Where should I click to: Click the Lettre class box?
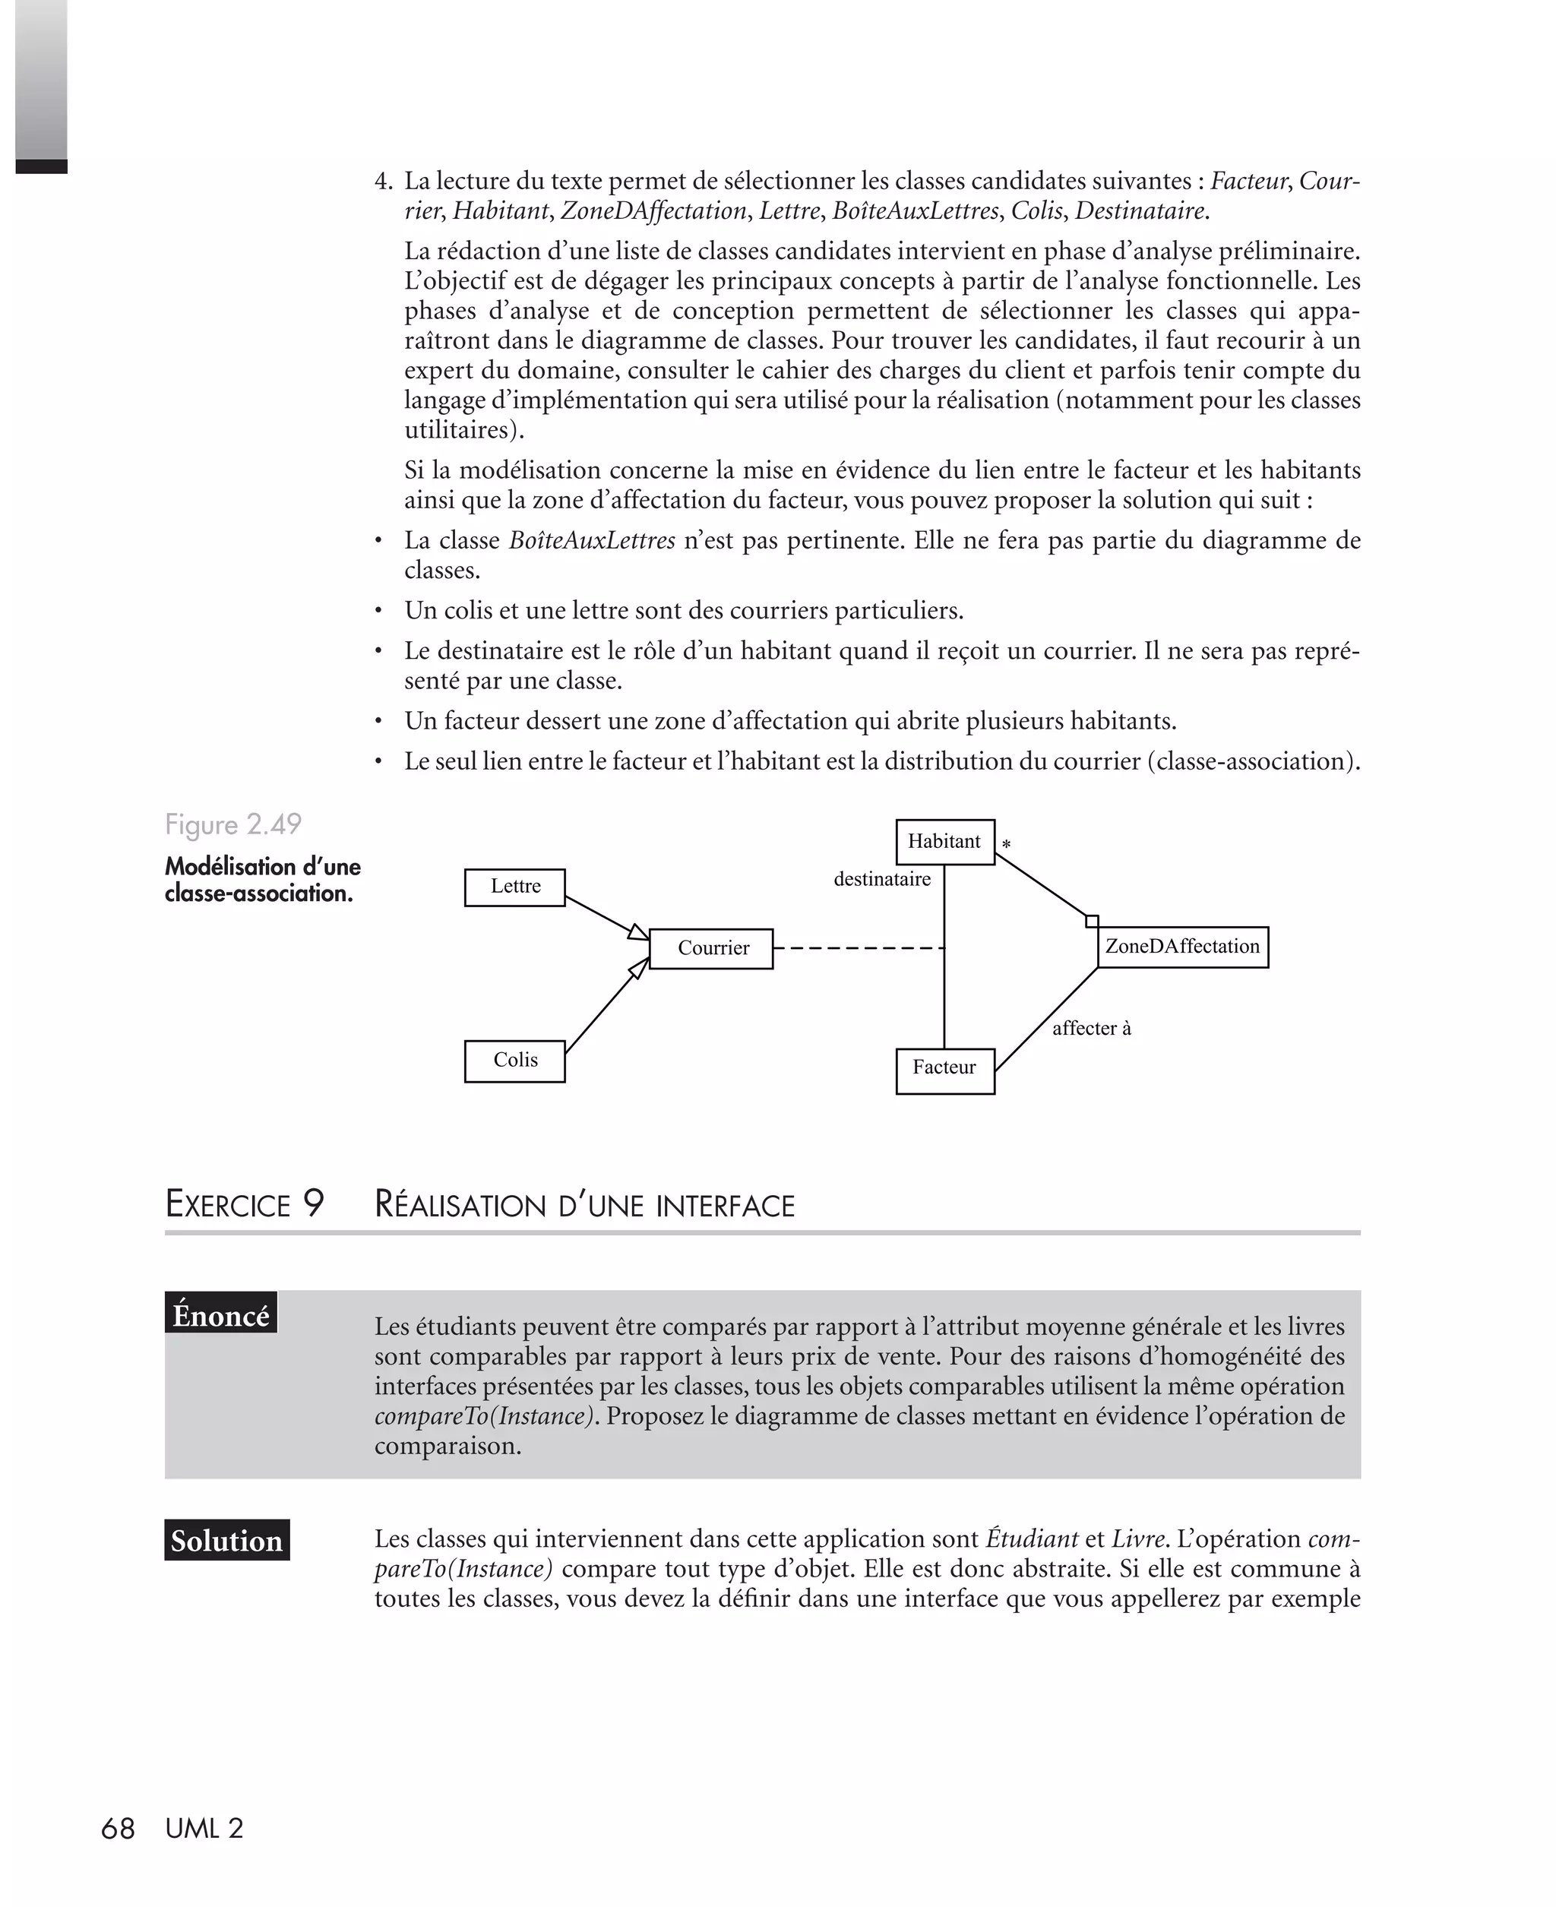514,887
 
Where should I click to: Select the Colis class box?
514,1061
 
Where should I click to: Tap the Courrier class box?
711,948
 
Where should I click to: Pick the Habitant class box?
944,842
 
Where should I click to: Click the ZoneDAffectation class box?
1182,947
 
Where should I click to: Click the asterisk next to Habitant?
1007,845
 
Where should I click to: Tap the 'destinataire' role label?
882,879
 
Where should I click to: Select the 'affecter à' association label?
1091,1028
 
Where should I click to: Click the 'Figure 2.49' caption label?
233,824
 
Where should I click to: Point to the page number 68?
118,1828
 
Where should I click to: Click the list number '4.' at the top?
384,182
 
